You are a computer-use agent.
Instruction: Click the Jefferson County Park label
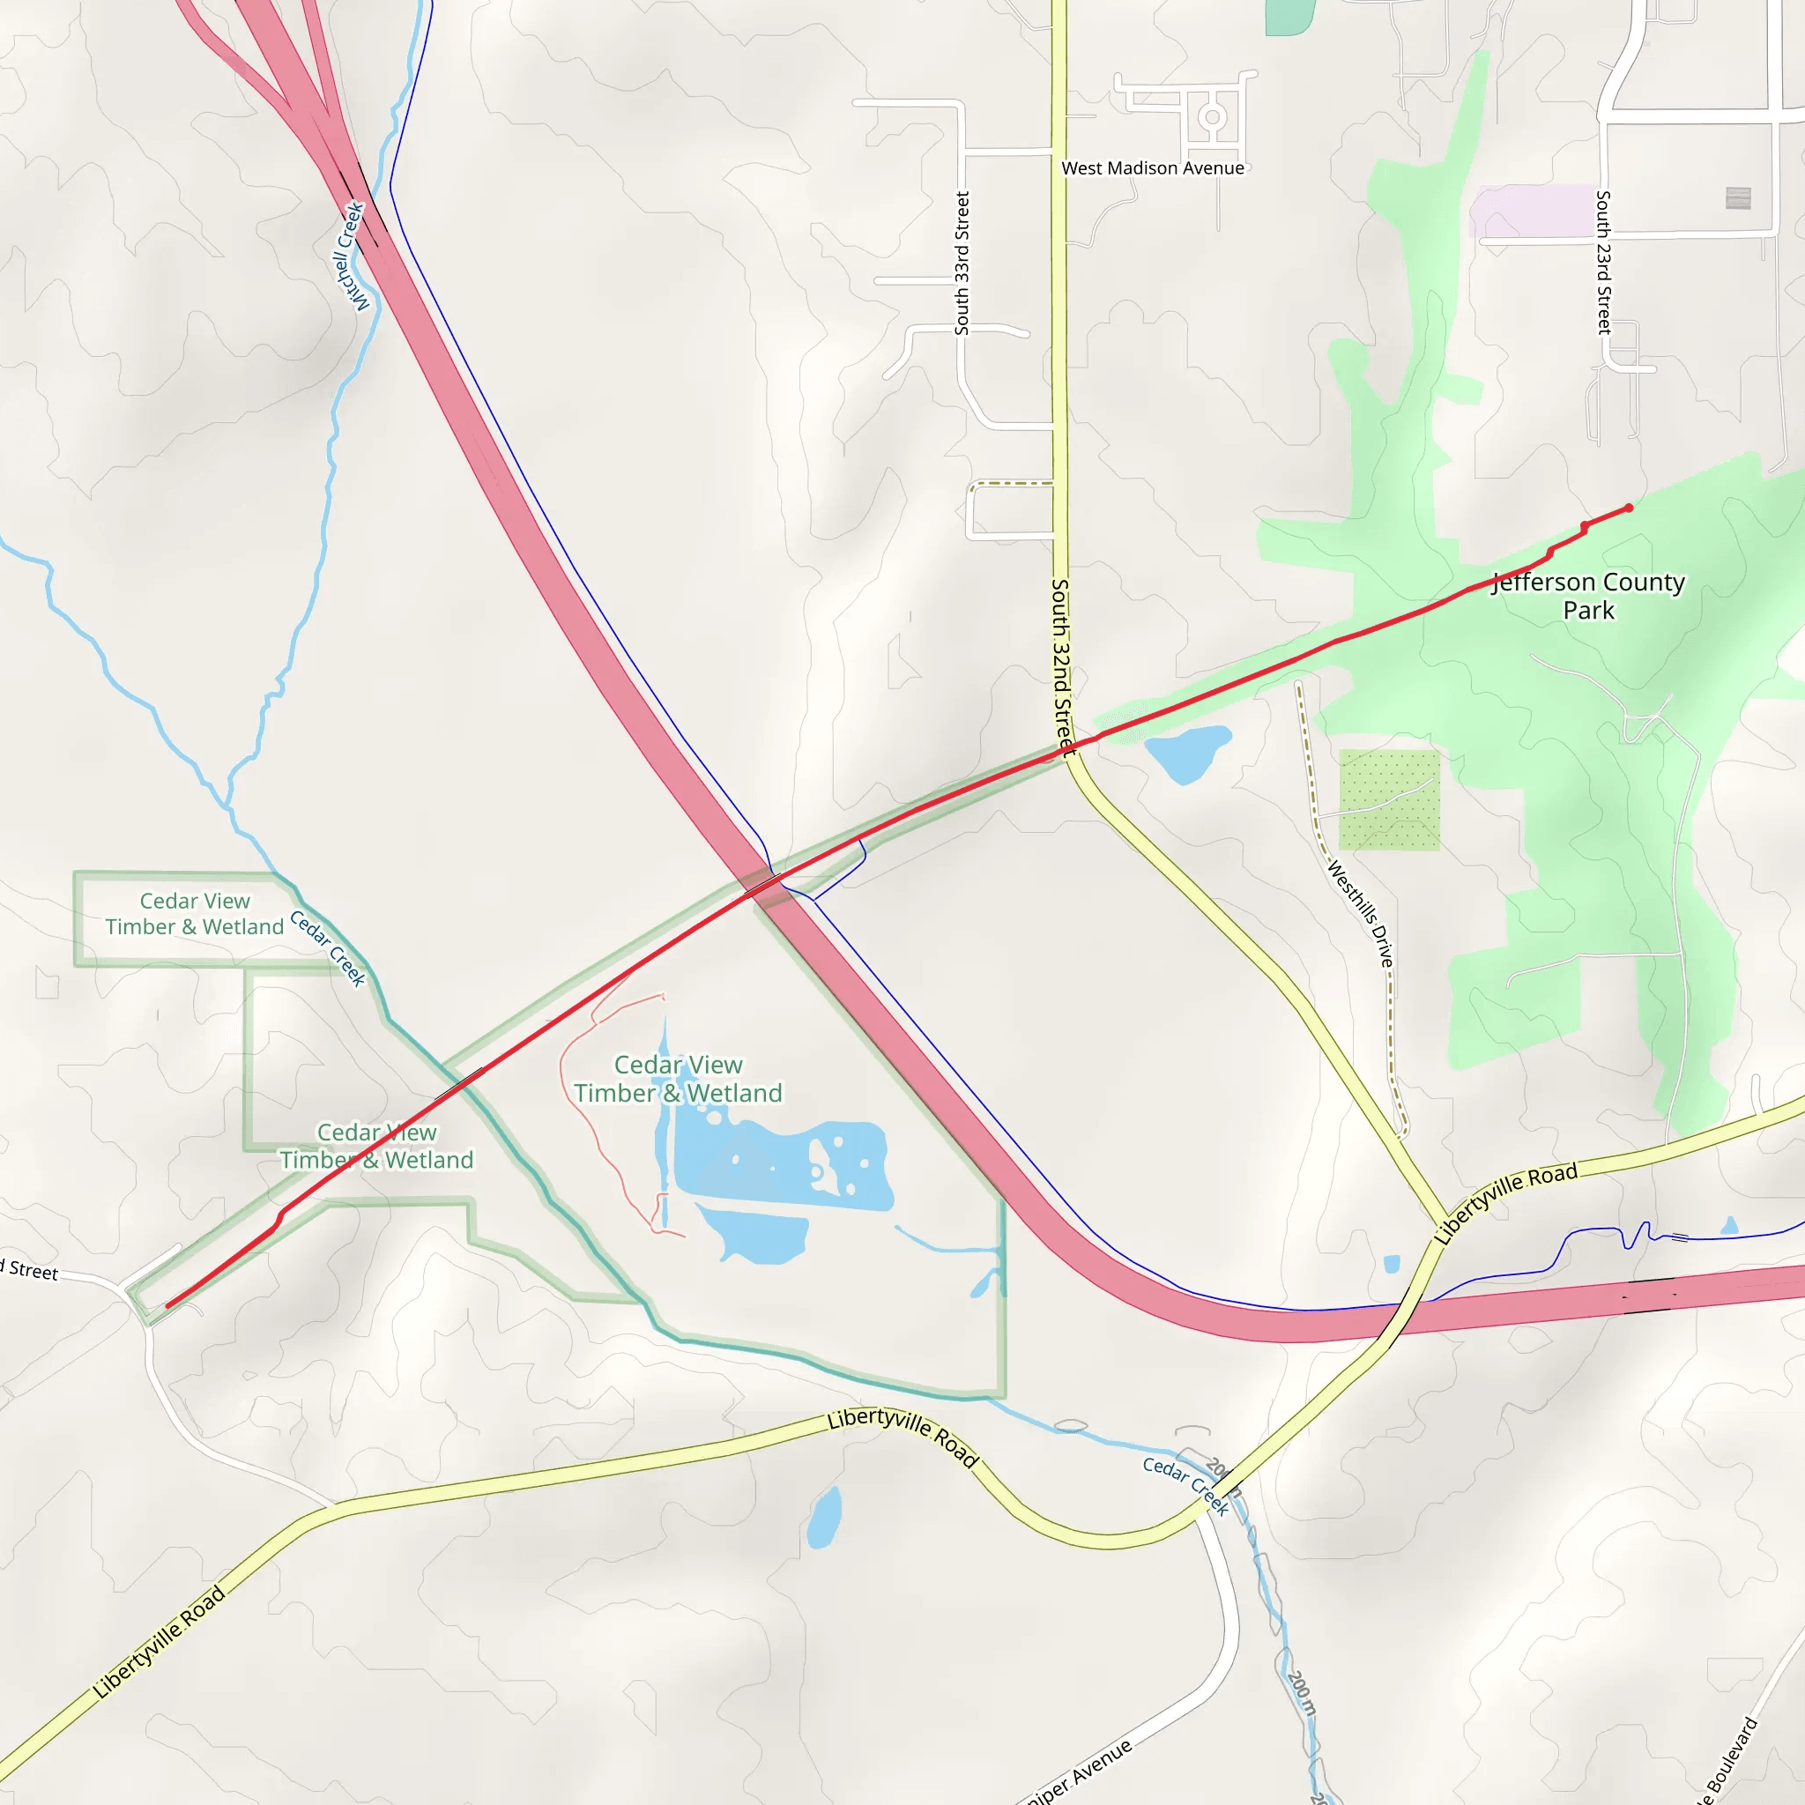pyautogui.click(x=1588, y=596)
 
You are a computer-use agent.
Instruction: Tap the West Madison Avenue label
pyautogui.click(x=1153, y=168)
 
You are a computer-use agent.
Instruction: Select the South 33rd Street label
pyautogui.click(x=962, y=264)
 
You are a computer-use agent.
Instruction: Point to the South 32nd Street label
pyautogui.click(x=1062, y=665)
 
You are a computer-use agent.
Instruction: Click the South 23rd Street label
pyautogui.click(x=1603, y=263)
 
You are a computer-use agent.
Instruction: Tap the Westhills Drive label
pyautogui.click(x=1360, y=914)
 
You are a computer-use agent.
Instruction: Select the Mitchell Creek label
pyautogui.click(x=352, y=255)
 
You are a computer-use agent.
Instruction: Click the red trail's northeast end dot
pyautogui.click(x=1629, y=509)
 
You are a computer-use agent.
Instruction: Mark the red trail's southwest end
pyautogui.click(x=168, y=1306)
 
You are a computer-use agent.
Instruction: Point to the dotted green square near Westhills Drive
pyautogui.click(x=1389, y=799)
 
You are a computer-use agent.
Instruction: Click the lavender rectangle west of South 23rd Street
pyautogui.click(x=1532, y=211)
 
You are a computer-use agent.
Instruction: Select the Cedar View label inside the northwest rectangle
pyautogui.click(x=194, y=914)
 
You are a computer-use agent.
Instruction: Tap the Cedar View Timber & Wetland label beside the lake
pyautogui.click(x=679, y=1079)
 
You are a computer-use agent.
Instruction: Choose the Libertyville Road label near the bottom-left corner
pyautogui.click(x=159, y=1641)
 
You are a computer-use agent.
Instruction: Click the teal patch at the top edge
pyautogui.click(x=1290, y=16)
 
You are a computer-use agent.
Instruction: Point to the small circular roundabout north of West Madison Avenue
pyautogui.click(x=1213, y=117)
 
